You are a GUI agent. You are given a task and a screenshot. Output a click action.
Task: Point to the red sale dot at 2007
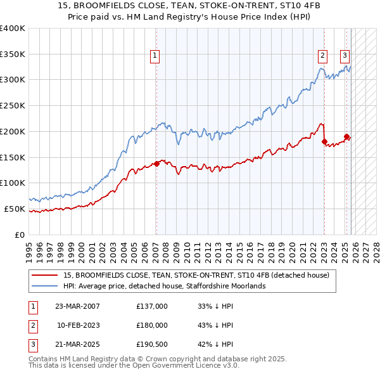click(x=156, y=164)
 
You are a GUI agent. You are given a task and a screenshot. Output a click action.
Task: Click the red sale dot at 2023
click(x=324, y=141)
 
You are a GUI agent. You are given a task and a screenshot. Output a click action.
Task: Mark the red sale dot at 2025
click(x=347, y=136)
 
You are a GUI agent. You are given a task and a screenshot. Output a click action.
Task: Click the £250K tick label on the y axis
click(x=13, y=105)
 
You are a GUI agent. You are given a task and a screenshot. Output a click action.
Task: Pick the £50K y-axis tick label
click(x=15, y=209)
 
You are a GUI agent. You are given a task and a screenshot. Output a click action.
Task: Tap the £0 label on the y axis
click(x=19, y=235)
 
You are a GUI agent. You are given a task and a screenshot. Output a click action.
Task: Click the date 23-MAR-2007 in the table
click(x=77, y=306)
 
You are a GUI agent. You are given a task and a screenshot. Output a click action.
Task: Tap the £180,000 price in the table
click(x=152, y=325)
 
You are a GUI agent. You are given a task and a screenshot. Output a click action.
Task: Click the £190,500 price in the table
click(x=152, y=345)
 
